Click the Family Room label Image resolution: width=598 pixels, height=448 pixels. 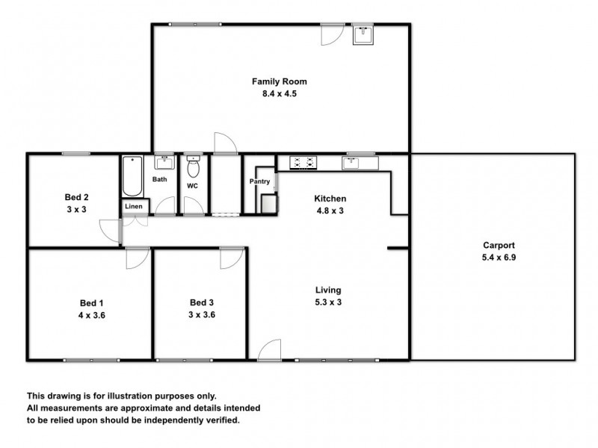279,82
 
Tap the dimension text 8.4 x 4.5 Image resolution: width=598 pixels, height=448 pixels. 279,94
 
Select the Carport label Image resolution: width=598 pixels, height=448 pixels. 499,245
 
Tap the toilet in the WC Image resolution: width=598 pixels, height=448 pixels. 194,167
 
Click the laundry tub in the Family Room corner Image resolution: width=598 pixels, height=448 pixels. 364,34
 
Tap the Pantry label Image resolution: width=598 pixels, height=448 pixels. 259,181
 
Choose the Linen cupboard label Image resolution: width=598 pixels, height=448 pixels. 134,206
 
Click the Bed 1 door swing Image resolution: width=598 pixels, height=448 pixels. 137,257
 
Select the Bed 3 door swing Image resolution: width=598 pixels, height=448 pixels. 230,257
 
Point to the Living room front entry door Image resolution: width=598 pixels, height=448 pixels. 269,350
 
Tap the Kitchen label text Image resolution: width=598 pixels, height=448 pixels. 330,199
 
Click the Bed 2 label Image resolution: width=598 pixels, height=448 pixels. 76,198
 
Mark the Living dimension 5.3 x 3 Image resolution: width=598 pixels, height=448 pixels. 328,302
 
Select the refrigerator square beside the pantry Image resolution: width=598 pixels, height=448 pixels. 268,203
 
